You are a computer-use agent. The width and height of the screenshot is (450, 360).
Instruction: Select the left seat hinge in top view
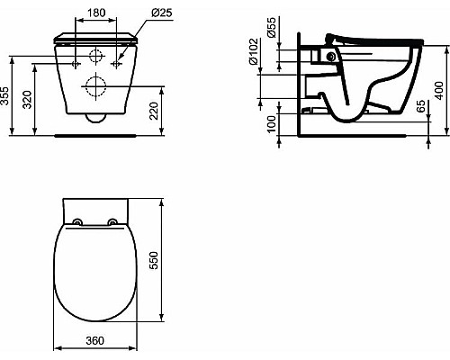76,222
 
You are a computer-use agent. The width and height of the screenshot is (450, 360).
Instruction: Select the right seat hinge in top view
112,222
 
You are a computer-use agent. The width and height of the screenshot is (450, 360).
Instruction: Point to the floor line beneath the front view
94,134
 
